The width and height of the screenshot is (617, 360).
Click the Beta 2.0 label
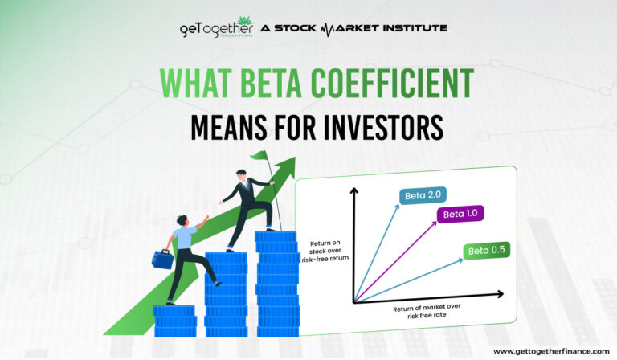416,194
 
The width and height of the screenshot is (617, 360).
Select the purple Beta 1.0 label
460,214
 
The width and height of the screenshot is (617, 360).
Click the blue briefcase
163,259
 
